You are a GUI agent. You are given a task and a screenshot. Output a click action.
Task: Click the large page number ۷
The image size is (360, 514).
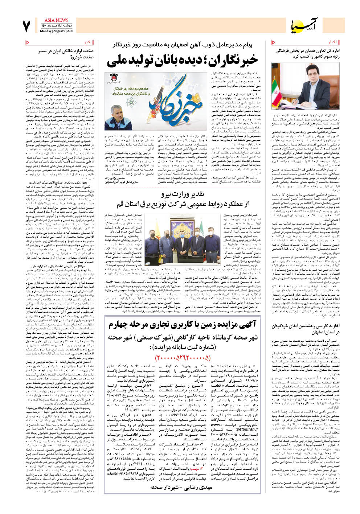point(26,26)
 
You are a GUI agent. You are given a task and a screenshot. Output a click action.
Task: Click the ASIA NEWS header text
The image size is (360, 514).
point(56,20)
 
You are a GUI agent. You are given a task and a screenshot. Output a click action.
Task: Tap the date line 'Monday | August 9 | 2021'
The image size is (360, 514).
point(56,31)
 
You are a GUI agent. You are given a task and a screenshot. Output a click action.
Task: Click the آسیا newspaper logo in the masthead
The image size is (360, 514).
point(304,25)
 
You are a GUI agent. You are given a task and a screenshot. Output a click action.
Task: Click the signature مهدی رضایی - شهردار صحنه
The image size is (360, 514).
point(181,488)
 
